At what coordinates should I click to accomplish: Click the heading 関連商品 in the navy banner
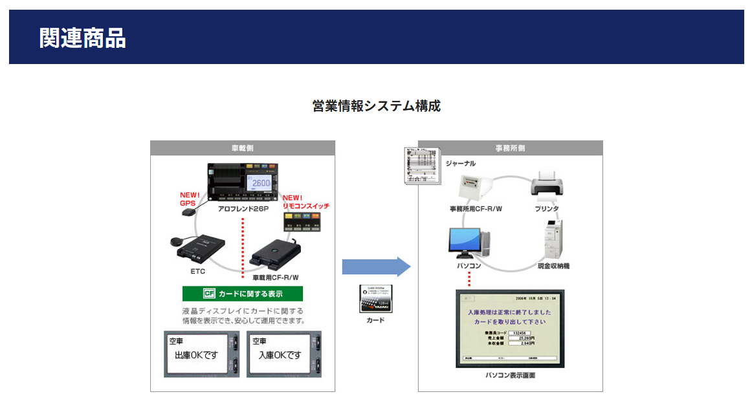[x=82, y=38]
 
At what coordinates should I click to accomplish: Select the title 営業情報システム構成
[x=376, y=106]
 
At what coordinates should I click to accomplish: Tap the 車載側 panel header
[x=243, y=148]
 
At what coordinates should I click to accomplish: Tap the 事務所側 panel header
[x=510, y=148]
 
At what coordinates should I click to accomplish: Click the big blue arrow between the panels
[x=376, y=267]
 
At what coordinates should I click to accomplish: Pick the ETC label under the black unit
[x=197, y=271]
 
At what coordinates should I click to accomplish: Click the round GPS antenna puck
[x=177, y=242]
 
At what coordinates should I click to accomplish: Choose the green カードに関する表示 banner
[x=243, y=294]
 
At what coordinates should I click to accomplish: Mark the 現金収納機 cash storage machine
[x=555, y=239]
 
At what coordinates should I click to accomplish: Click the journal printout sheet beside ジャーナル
[x=419, y=166]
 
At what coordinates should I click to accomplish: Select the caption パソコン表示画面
[x=510, y=375]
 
